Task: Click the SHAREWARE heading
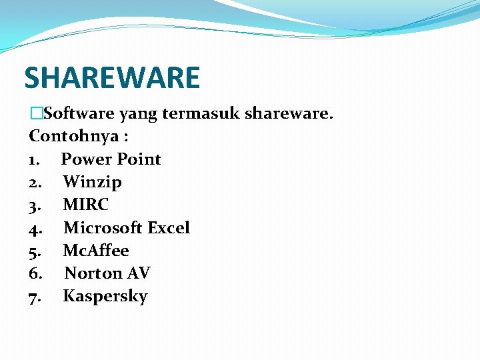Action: pos(112,77)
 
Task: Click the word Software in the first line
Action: pos(73,114)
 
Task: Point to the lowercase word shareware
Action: pos(287,114)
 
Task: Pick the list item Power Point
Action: pos(111,159)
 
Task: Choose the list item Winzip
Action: pos(92,182)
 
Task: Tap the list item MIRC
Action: pos(85,205)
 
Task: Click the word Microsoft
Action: pos(103,227)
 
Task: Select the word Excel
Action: pos(169,227)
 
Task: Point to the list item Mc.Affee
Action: pos(96,251)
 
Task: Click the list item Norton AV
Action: pos(107,273)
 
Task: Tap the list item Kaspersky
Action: pos(105,297)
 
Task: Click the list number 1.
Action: pos(33,159)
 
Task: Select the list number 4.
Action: pos(35,228)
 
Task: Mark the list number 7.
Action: pos(35,297)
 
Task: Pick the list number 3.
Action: pos(35,205)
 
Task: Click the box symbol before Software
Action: pos(35,114)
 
